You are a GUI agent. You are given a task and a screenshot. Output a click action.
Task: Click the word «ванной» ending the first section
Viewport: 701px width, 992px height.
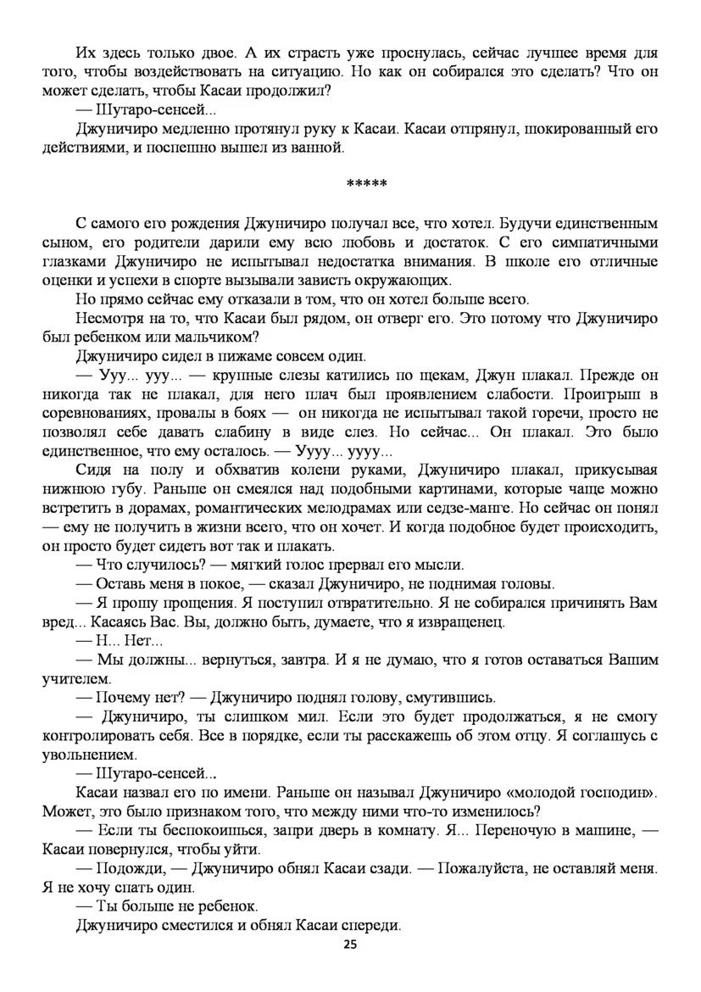[320, 148]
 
